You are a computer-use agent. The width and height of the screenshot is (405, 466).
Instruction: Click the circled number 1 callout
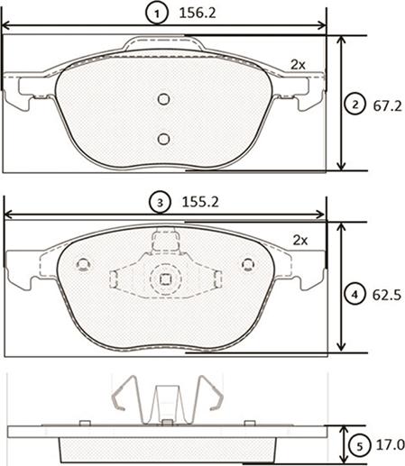(157, 14)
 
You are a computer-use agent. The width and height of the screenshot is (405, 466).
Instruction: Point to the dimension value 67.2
(387, 105)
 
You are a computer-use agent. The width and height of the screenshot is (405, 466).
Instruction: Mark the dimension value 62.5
(387, 294)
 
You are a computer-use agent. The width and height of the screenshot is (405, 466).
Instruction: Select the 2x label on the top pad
(298, 65)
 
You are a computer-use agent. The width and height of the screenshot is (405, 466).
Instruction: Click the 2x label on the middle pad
(300, 240)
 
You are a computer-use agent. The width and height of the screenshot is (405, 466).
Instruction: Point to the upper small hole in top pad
(163, 99)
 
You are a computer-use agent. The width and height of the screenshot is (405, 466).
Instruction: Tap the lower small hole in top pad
(163, 138)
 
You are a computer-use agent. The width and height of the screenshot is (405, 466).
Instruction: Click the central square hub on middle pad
(165, 279)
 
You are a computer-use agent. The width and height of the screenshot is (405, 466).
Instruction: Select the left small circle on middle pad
(84, 264)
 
